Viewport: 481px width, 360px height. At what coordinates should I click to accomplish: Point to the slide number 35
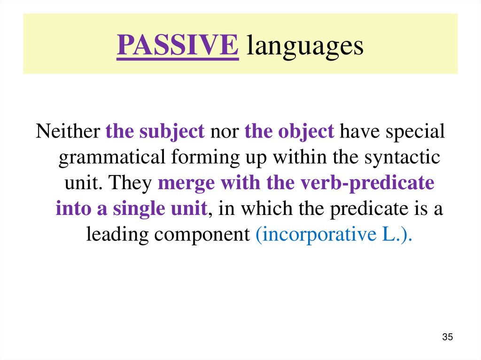447,337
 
